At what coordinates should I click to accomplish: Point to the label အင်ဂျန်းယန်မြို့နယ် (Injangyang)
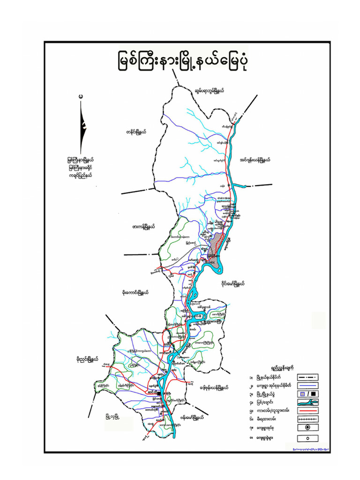tap(255, 159)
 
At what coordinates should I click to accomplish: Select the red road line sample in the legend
tap(307, 410)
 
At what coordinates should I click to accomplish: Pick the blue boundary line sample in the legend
tap(307, 385)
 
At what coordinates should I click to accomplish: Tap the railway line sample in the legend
tap(307, 419)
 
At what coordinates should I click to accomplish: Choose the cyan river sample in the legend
tap(307, 402)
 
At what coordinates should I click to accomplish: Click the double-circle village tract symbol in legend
tap(307, 427)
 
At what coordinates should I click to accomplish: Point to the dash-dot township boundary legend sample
tap(307, 377)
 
